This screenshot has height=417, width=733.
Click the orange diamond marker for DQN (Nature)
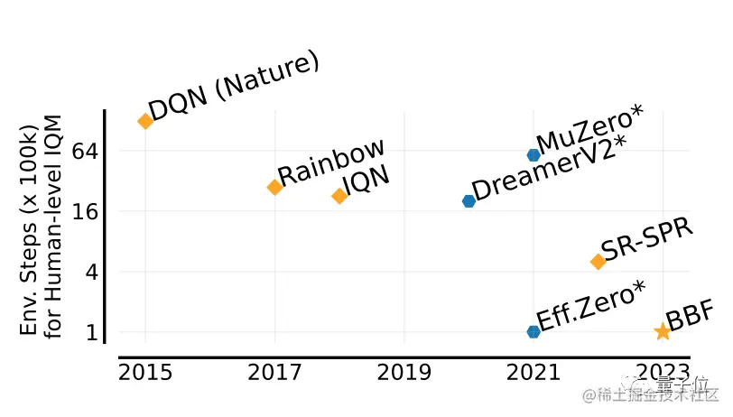tap(144, 121)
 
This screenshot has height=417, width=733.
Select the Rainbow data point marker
tap(274, 187)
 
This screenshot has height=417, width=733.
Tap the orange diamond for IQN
tap(339, 196)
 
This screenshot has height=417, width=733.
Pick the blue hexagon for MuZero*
tap(534, 155)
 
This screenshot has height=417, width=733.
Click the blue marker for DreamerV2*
tap(469, 200)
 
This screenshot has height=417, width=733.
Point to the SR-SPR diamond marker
tap(598, 261)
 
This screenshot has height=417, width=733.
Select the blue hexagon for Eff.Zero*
tap(534, 331)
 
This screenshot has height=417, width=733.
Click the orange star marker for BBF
tap(663, 331)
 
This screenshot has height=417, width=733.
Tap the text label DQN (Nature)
tap(233, 88)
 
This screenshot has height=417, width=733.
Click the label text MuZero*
tap(589, 130)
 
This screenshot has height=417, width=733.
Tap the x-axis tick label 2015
tap(144, 373)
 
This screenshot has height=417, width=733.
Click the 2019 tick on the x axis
tap(404, 373)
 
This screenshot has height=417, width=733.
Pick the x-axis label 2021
tap(534, 373)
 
